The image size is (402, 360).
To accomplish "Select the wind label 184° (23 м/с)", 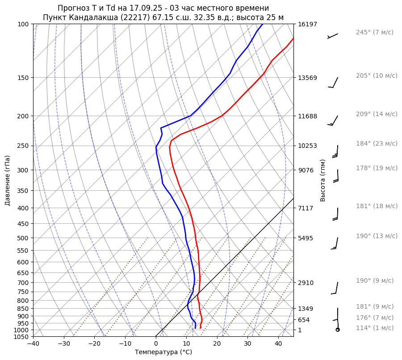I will click(377, 144).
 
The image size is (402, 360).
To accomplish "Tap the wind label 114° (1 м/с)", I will click(375, 328).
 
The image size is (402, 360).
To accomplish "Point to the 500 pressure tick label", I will click(23, 238).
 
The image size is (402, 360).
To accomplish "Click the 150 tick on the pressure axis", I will click(23, 78).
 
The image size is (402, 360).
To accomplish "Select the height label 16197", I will click(307, 24).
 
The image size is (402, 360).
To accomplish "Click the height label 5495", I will click(306, 238).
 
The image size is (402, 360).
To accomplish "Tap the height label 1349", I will click(306, 309).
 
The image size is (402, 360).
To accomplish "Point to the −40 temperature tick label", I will click(33, 344).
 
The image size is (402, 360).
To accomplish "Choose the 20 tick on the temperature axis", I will click(217, 344).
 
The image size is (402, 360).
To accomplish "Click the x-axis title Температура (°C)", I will click(163, 352).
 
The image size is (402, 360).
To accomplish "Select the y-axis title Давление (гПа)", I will click(8, 180).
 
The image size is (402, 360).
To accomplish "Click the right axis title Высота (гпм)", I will click(323, 180).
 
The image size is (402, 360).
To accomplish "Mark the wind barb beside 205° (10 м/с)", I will click(334, 83).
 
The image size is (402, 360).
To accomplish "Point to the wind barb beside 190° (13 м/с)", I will click(335, 243).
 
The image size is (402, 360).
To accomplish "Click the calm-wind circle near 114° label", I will click(338, 330).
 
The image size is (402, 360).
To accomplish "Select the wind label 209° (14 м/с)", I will click(377, 114).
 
